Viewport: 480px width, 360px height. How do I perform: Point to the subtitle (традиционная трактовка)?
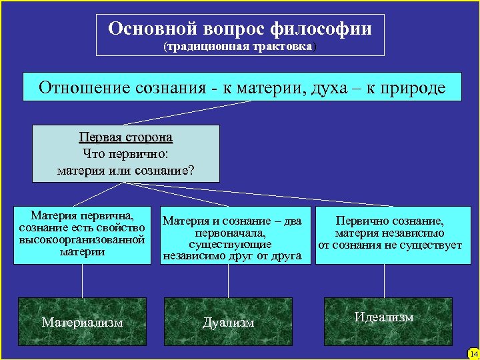(241, 47)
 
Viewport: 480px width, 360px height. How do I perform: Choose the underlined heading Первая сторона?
(125, 138)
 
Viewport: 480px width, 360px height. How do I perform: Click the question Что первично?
(125, 154)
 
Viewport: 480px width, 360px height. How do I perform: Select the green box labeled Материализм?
(82, 322)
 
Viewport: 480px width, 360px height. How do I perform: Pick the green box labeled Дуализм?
(229, 322)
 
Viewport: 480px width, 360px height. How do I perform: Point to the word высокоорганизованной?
(82, 239)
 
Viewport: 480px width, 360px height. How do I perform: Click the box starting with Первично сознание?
(390, 233)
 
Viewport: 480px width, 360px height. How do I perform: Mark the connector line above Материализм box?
(82, 280)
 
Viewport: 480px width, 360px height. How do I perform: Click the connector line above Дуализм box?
(229, 280)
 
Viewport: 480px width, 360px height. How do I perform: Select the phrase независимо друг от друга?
(232, 255)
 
